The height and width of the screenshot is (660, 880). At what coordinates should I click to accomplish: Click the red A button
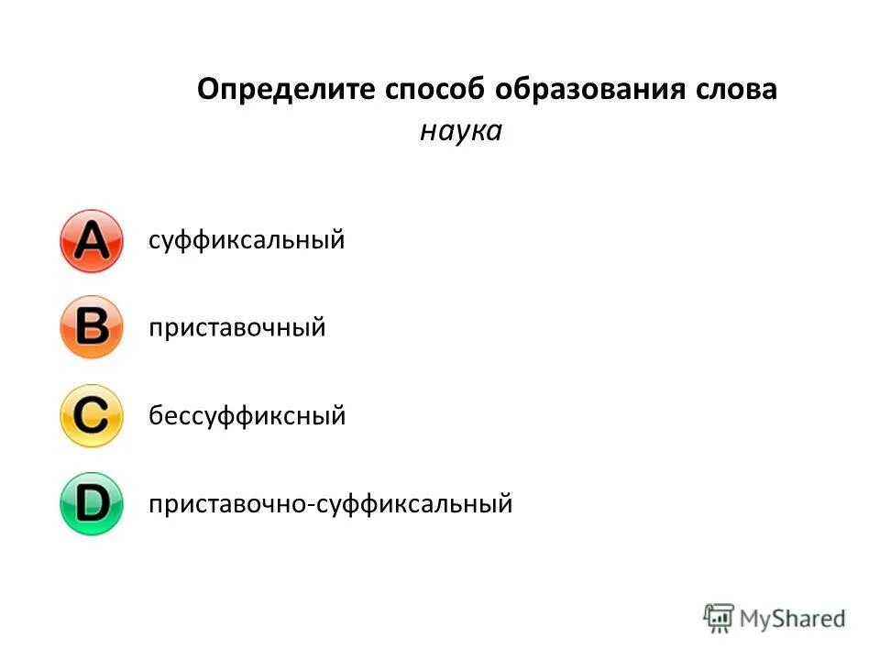tap(91, 241)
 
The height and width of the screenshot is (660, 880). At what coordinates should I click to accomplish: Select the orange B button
tap(91, 327)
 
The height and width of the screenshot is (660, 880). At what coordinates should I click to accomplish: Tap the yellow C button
tap(91, 416)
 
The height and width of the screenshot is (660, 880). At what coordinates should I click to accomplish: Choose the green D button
tap(91, 503)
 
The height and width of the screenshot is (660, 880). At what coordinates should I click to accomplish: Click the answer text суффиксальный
tap(247, 241)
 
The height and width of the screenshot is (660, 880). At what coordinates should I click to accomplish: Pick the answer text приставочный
tap(237, 327)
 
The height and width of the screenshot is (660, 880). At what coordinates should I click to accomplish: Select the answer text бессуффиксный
tap(247, 416)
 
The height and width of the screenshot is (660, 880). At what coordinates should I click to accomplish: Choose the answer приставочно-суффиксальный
tap(330, 503)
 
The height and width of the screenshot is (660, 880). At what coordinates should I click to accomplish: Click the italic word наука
tap(461, 132)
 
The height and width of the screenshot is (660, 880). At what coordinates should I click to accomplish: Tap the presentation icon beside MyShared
tap(719, 617)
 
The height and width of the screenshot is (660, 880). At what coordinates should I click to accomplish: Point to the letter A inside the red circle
tap(91, 242)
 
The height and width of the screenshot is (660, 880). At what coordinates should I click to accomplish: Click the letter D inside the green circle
tap(92, 503)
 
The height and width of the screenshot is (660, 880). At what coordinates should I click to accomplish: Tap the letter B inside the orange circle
tap(91, 327)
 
